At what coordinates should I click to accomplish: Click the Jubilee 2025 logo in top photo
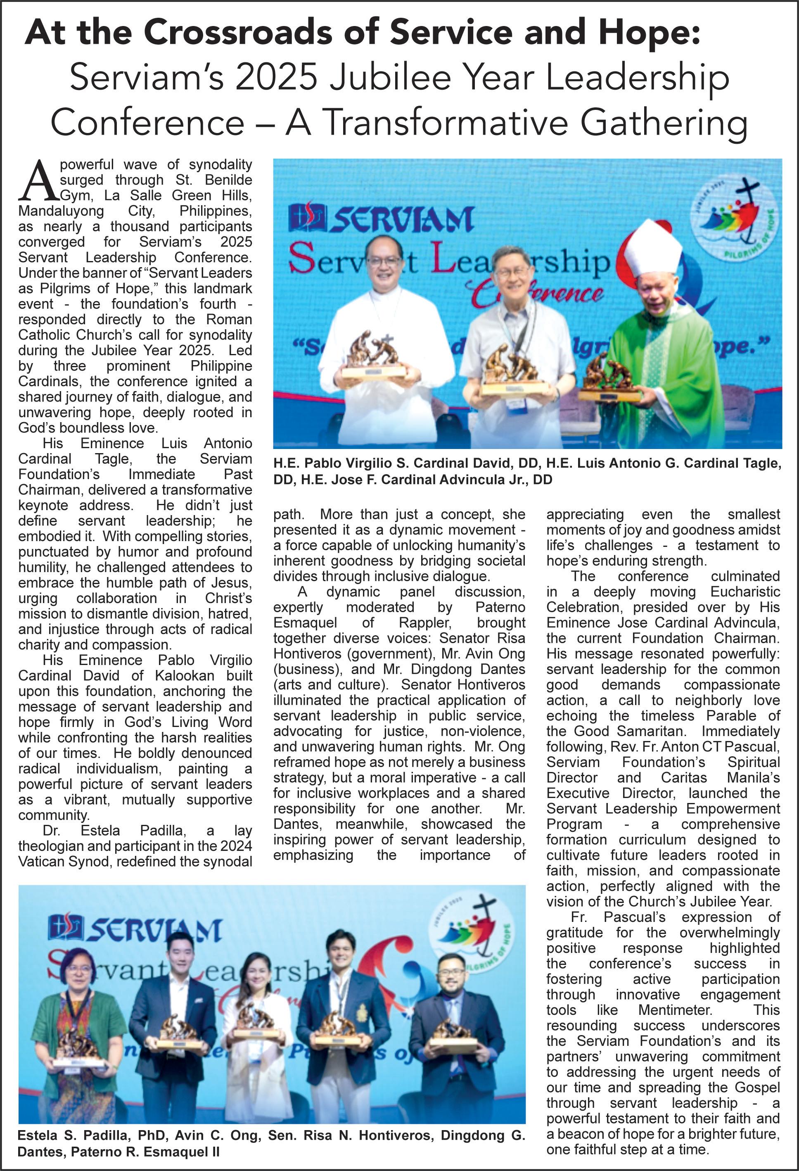[x=735, y=215]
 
